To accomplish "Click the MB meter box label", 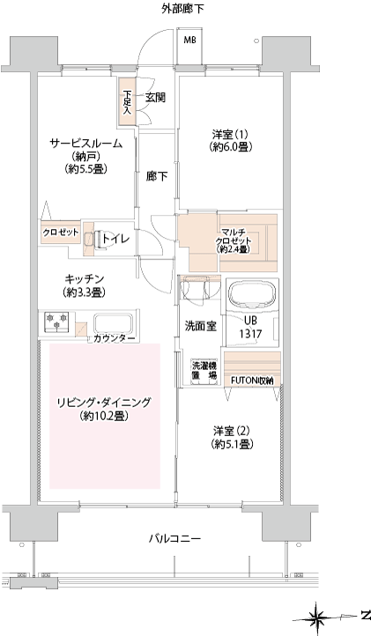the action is click(189, 41).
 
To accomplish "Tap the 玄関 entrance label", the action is click(155, 98).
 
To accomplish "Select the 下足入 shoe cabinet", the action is click(127, 101).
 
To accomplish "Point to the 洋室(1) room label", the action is click(230, 134).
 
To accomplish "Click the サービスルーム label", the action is click(85, 144).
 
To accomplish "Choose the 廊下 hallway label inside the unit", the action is click(157, 176).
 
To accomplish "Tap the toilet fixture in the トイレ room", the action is click(93, 240).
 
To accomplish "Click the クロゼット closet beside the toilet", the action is click(61, 233).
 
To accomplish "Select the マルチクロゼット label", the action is click(234, 241).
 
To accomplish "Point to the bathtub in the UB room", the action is click(253, 293).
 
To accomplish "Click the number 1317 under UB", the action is click(250, 334).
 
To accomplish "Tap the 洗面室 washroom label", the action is click(201, 326).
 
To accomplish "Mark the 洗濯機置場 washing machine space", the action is click(204, 371).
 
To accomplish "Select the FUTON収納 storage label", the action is click(252, 381).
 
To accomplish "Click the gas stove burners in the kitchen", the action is click(56, 322).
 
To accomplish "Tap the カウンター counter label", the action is click(114, 339).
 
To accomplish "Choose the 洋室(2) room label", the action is click(232, 431).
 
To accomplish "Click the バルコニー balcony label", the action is click(175, 538).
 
